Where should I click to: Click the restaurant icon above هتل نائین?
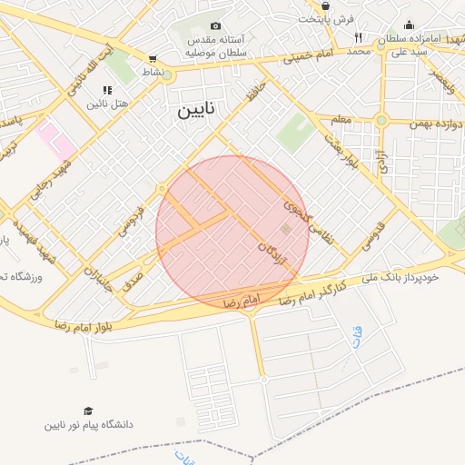(107, 90)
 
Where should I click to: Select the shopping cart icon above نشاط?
(152, 59)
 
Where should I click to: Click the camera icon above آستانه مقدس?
(215, 26)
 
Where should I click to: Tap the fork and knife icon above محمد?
(359, 37)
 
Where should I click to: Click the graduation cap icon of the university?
(88, 411)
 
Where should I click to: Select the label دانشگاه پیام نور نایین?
(88, 425)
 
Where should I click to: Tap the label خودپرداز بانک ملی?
(407, 278)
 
